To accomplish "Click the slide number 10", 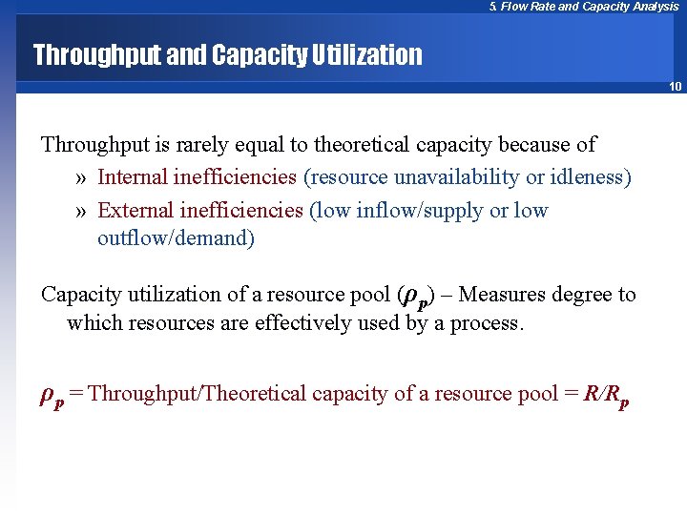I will click(675, 87).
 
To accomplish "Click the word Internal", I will click(133, 177).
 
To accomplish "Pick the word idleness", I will click(585, 177).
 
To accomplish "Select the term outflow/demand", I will click(176, 238).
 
